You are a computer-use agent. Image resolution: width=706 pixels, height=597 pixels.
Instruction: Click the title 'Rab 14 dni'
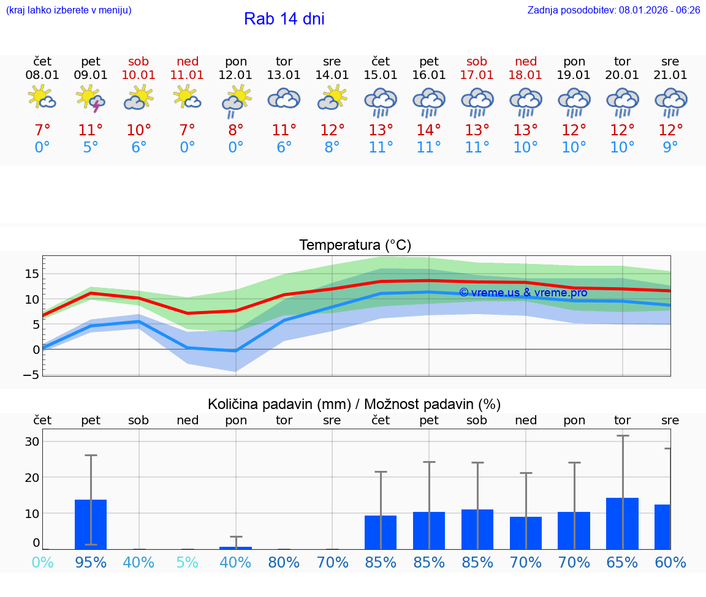284,19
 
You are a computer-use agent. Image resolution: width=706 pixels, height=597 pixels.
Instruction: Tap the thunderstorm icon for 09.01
91,99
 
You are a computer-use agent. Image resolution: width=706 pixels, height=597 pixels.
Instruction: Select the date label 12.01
235,75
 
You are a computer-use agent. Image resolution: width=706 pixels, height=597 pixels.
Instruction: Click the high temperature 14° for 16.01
428,130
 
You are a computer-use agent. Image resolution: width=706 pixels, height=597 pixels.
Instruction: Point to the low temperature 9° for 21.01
670,148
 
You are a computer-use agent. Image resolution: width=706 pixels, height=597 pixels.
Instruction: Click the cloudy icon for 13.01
284,99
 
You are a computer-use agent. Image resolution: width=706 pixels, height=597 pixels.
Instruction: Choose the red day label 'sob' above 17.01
477,61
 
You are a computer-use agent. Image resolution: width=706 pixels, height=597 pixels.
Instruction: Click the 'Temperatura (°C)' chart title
355,246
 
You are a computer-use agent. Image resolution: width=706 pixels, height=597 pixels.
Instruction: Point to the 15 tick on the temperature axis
32,274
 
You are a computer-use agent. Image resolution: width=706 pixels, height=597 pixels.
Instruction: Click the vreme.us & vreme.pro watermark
523,293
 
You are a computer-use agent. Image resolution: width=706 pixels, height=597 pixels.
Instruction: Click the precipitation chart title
354,404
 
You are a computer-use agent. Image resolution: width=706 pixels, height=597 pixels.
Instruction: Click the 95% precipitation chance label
91,563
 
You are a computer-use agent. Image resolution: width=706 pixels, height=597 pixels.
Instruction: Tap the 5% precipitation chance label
187,563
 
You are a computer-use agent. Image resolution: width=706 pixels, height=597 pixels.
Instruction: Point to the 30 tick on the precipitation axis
32,441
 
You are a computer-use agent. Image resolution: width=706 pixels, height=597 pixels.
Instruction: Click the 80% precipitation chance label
284,563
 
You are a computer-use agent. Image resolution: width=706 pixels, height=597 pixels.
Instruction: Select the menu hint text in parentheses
69,10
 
